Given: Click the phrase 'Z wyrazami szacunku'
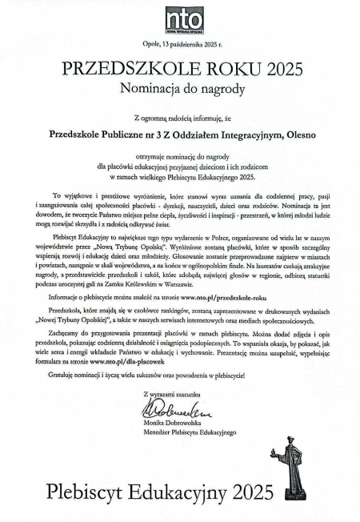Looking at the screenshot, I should (x=169, y=394).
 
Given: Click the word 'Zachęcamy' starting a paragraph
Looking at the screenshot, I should (x=66, y=331).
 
